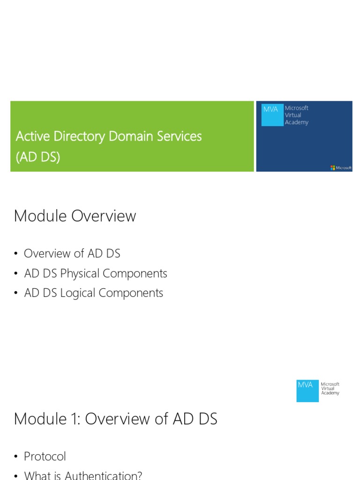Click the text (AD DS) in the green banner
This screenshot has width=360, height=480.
pyautogui.click(x=38, y=157)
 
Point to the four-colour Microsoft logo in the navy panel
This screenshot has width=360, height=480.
pyautogui.click(x=333, y=168)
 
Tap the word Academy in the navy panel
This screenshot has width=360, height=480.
pyautogui.click(x=297, y=122)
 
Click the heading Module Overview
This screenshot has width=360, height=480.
pyautogui.click(x=75, y=216)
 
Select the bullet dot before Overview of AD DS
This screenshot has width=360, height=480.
pyautogui.click(x=15, y=254)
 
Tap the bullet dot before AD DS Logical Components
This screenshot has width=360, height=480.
pyautogui.click(x=15, y=293)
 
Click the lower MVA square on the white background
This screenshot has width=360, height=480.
pyautogui.click(x=307, y=390)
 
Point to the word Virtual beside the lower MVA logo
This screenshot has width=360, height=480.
pyautogui.click(x=328, y=389)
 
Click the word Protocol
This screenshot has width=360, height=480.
pyautogui.click(x=45, y=456)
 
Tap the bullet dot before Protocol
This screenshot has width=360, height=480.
pyautogui.click(x=15, y=456)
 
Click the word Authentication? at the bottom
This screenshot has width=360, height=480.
pyautogui.click(x=104, y=475)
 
